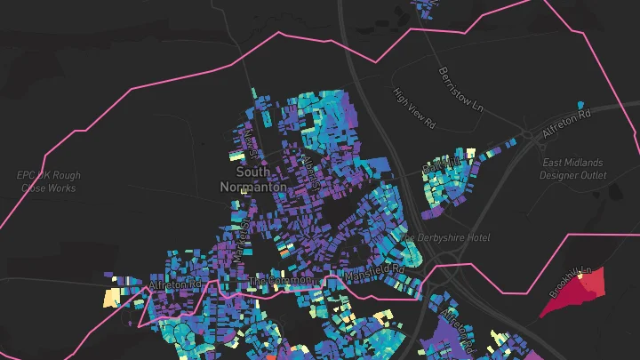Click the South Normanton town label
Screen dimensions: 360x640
(253, 179)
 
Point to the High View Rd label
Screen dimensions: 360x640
(415, 104)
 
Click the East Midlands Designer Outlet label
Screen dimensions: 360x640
(572, 169)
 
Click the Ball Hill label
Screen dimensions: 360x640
(437, 166)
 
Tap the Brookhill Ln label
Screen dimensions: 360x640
(570, 280)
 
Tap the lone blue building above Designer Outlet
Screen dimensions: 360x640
(581, 105)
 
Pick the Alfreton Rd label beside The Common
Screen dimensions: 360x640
(176, 284)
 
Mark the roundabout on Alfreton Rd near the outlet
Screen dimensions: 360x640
(532, 136)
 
